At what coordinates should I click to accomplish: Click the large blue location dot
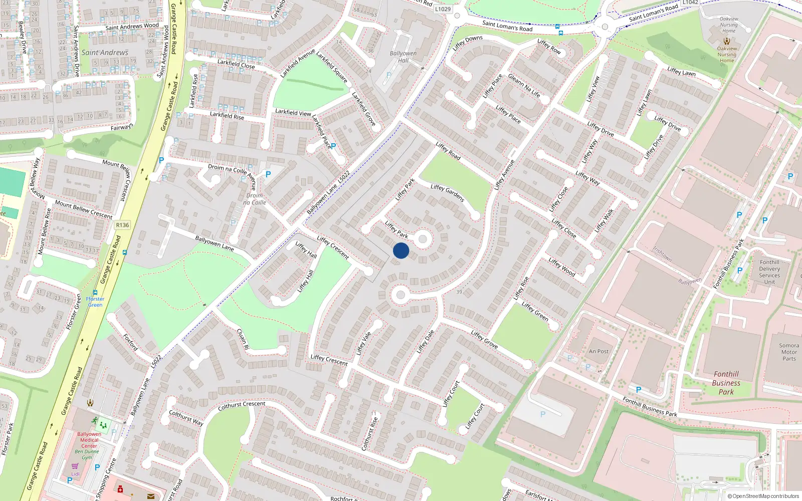401,250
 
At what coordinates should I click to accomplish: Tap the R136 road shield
122,225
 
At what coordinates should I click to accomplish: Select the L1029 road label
443,9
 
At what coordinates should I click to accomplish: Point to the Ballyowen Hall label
403,57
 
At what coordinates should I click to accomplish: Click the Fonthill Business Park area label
726,383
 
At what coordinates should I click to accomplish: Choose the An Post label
599,351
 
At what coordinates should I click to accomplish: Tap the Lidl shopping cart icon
75,466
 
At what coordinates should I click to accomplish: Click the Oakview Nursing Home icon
726,41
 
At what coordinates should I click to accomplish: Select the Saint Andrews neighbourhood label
105,52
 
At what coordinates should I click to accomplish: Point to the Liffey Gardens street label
448,193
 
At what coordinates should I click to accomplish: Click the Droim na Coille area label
255,199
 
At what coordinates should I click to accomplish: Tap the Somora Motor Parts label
789,352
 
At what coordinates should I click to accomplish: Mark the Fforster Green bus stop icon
95,292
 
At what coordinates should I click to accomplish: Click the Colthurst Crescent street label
242,405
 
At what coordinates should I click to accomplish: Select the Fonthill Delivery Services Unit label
769,272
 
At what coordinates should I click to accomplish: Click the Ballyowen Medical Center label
89,440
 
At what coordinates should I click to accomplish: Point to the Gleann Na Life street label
524,86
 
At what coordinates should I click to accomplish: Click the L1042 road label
690,3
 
